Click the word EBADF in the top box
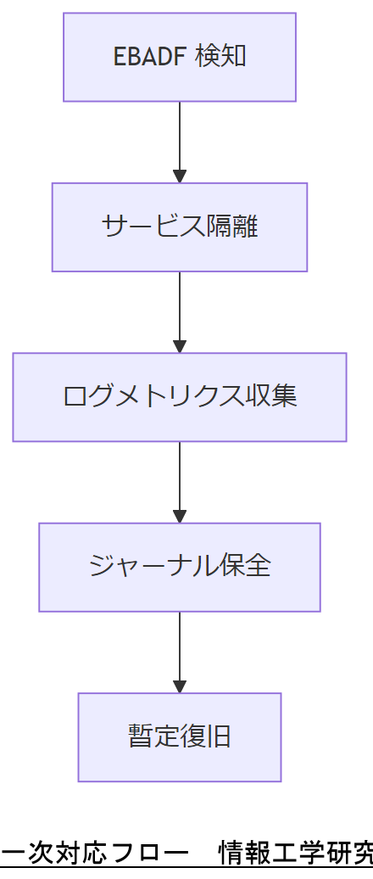tap(150, 57)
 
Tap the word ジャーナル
tap(143, 566)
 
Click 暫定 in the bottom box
tap(153, 736)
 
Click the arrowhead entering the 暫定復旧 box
tap(180, 686)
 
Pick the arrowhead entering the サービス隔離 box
tap(180, 176)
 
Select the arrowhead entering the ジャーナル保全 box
tap(180, 516)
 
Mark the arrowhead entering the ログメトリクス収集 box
tap(180, 346)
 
